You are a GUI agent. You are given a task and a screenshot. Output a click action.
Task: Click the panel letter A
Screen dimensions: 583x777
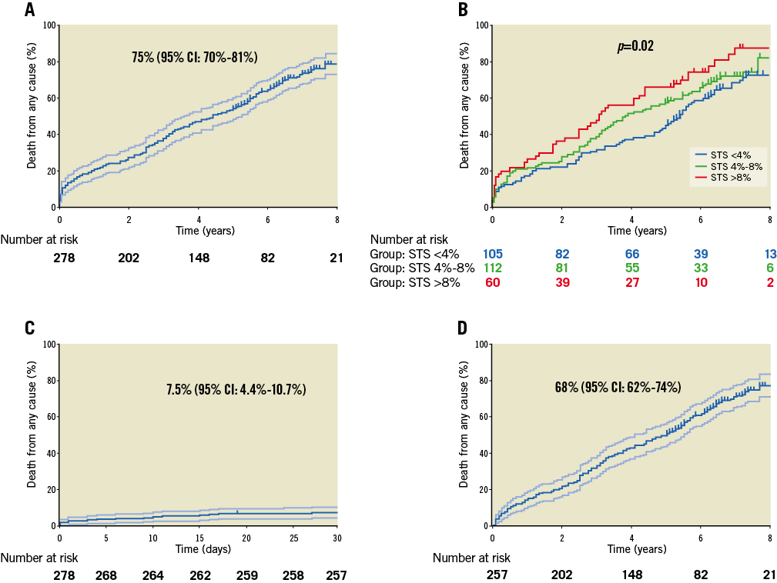point(29,10)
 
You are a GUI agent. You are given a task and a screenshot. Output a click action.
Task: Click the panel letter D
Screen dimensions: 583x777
point(463,328)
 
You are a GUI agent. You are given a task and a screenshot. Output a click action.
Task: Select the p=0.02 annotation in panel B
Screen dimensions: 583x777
point(635,47)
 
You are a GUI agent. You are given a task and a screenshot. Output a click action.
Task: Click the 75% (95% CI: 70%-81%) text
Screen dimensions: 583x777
point(194,58)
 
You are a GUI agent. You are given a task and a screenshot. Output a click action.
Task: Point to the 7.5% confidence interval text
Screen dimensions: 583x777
point(236,390)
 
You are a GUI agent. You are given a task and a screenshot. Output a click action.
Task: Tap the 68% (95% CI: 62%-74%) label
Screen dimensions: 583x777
point(617,388)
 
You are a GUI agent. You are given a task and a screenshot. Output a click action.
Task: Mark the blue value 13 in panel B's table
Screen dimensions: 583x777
point(768,254)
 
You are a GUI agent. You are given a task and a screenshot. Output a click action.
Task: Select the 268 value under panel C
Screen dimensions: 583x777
point(106,575)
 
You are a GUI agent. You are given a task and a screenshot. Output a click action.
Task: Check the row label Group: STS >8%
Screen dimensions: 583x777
point(415,282)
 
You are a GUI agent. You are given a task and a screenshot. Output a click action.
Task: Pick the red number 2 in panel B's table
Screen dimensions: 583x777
point(769,282)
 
